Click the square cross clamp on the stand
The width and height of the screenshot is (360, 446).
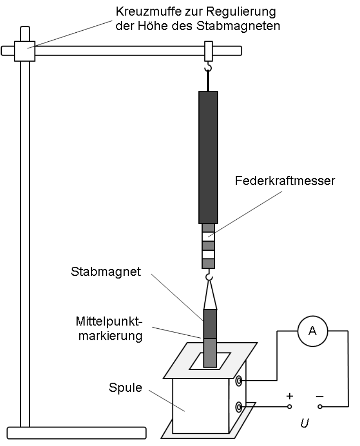(25, 50)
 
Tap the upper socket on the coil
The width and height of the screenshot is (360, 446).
(238, 381)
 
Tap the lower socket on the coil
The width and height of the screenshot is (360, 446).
(238, 406)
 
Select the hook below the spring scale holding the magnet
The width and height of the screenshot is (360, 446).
(209, 275)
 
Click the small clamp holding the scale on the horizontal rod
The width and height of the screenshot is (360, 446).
(209, 50)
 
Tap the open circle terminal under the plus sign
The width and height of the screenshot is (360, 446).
(289, 406)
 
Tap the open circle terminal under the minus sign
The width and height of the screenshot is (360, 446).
(319, 406)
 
